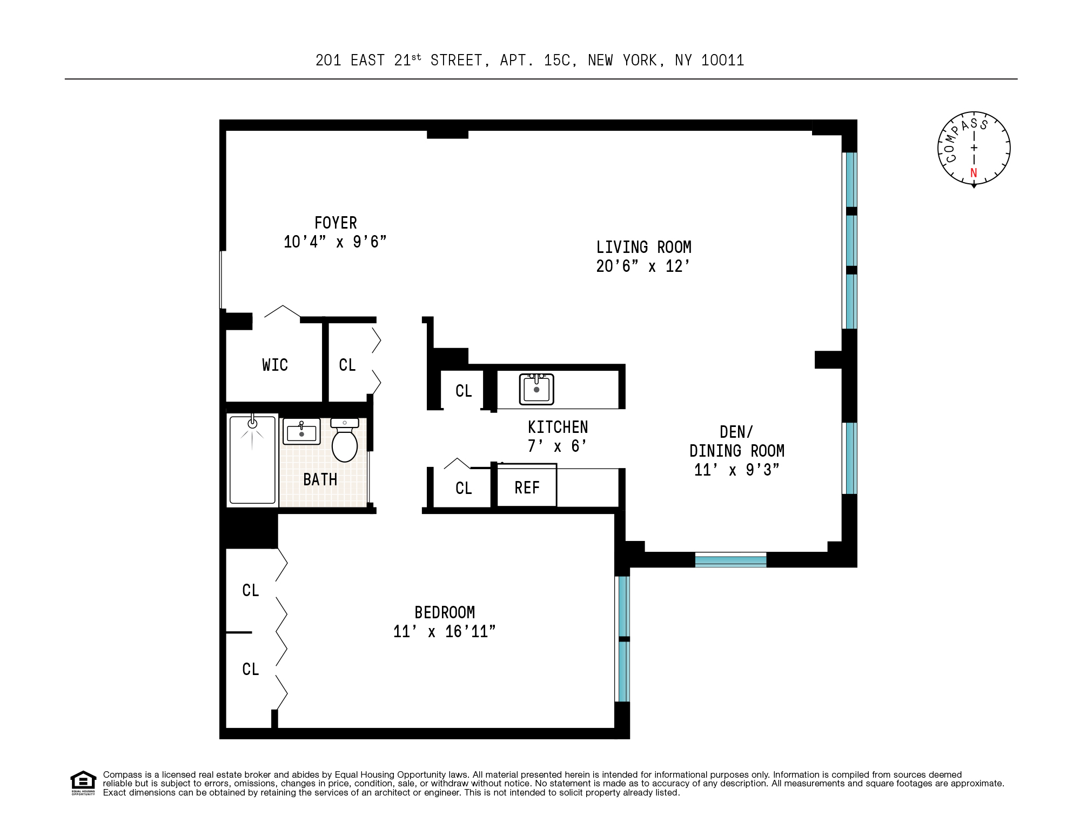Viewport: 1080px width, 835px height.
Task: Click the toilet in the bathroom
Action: point(345,442)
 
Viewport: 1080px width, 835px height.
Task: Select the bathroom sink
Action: point(301,432)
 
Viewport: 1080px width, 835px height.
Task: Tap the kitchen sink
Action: point(536,389)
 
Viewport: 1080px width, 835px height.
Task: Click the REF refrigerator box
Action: point(527,487)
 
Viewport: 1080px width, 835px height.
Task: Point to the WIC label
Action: point(275,365)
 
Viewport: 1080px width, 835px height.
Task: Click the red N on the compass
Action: point(974,173)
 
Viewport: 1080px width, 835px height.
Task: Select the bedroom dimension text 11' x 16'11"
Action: point(444,632)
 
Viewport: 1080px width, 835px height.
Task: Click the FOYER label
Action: point(336,223)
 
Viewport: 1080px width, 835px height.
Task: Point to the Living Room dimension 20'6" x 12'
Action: point(643,266)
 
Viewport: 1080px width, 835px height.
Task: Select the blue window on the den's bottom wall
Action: point(730,560)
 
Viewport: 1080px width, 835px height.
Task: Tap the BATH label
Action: point(320,480)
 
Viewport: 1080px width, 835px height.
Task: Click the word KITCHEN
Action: point(558,427)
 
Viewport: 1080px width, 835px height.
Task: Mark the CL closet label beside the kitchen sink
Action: point(464,391)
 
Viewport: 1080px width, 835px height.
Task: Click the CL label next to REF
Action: point(464,489)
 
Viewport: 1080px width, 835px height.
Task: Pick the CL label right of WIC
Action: point(347,365)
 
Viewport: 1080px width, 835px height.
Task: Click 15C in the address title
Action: point(557,61)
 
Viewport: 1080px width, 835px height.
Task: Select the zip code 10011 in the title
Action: point(722,61)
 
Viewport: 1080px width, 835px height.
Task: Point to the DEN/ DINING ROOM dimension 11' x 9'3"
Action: point(736,470)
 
